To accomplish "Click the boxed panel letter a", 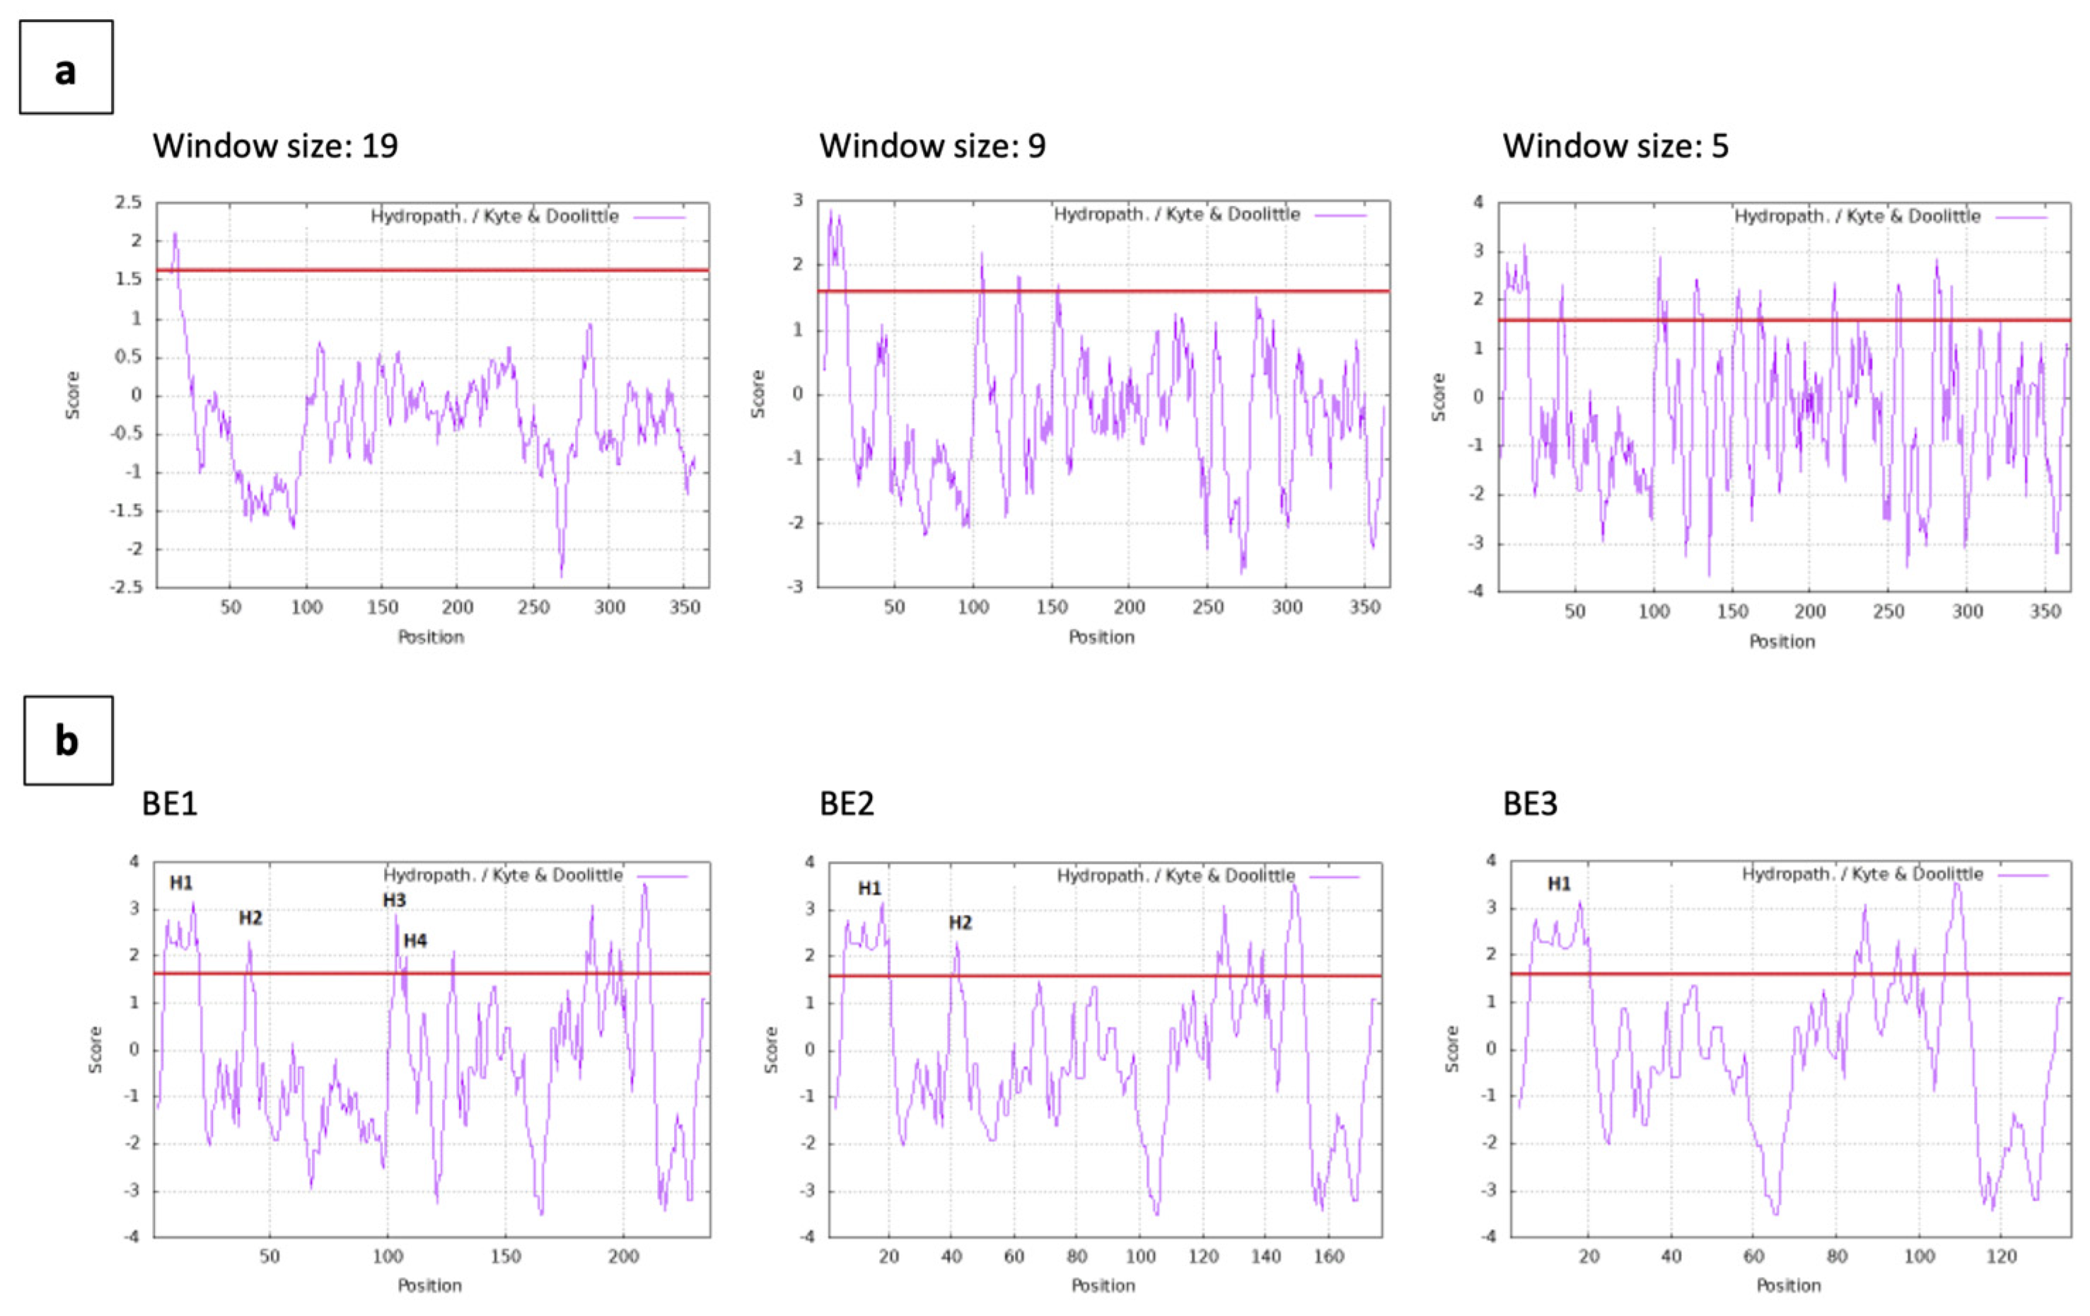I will pyautogui.click(x=66, y=68).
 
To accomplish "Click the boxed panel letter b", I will pyautogui.click(x=68, y=741).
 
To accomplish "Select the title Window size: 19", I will pyautogui.click(x=275, y=145).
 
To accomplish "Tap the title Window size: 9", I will pyautogui.click(x=932, y=145).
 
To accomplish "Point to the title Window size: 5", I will pyautogui.click(x=1615, y=145).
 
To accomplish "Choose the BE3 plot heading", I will pyautogui.click(x=1530, y=803).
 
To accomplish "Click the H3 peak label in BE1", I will pyautogui.click(x=394, y=900).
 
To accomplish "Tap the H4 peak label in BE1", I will pyautogui.click(x=415, y=940).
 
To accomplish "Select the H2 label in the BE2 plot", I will pyautogui.click(x=960, y=922).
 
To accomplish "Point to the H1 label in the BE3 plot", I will pyautogui.click(x=1559, y=884).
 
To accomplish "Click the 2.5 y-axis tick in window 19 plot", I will pyautogui.click(x=127, y=202).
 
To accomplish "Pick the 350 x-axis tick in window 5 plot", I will pyautogui.click(x=2045, y=612).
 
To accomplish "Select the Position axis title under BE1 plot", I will pyautogui.click(x=429, y=1286).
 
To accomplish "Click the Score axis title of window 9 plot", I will pyautogui.click(x=757, y=393).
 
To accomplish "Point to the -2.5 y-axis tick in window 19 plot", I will pyautogui.click(x=126, y=588).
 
